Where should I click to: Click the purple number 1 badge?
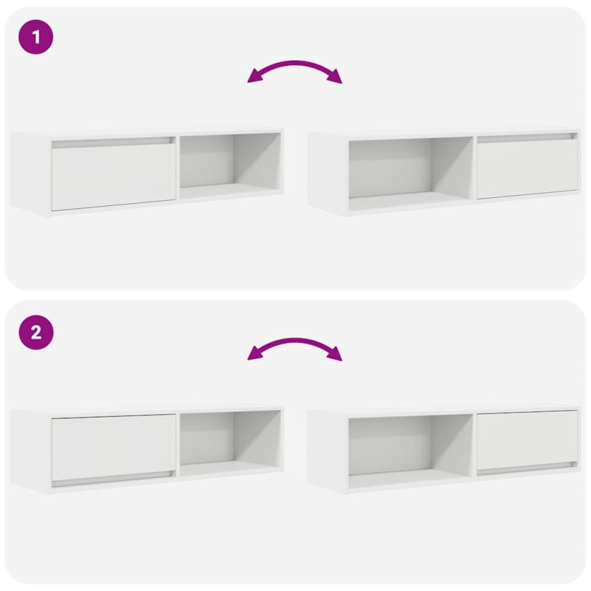pos(36,38)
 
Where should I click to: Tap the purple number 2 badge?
pos(36,333)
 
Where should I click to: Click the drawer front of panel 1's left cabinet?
pos(113,177)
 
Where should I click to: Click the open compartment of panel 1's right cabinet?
pos(410,168)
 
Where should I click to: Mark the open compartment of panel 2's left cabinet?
pos(230,442)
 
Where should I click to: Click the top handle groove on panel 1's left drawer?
pos(112,140)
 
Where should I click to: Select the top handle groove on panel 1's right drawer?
pos(527,137)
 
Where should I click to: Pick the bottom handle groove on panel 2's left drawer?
pos(112,476)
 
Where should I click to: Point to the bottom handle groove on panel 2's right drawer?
pos(527,466)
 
